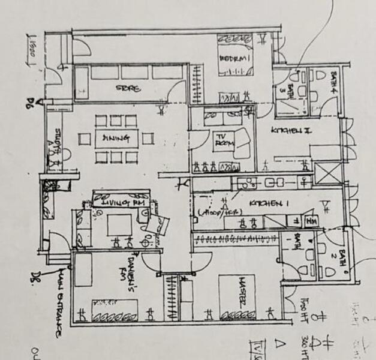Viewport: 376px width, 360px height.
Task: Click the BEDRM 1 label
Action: click(x=231, y=58)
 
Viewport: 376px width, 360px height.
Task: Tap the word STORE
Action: click(x=128, y=89)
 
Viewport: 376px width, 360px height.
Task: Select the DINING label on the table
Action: click(x=116, y=139)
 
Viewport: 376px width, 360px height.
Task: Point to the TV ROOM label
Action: click(x=223, y=141)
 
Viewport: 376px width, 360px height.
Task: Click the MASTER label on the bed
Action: click(x=233, y=296)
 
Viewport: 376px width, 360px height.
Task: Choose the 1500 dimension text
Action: click(x=29, y=47)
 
